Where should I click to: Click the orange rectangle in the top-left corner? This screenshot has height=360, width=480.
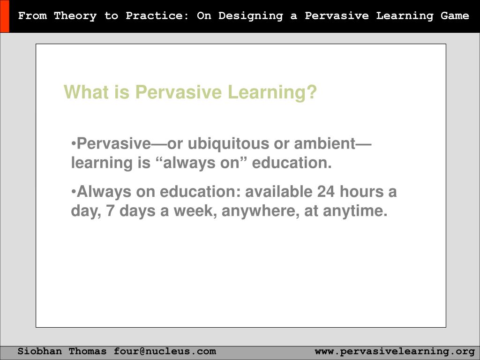(x=4, y=16)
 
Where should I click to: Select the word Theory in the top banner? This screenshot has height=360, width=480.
(x=75, y=16)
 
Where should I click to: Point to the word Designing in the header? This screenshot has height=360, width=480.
(x=250, y=16)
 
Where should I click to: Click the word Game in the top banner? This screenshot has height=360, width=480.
(x=455, y=16)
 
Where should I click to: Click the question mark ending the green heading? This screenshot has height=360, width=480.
(x=312, y=92)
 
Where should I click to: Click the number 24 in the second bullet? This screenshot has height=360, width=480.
(x=326, y=192)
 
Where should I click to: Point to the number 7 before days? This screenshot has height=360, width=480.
(x=110, y=211)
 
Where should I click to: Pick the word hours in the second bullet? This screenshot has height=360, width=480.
(x=361, y=192)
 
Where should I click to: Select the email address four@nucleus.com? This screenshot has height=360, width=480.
(x=165, y=351)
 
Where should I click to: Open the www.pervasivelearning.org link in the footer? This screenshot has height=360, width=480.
(x=395, y=351)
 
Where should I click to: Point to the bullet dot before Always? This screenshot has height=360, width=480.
(x=74, y=192)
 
